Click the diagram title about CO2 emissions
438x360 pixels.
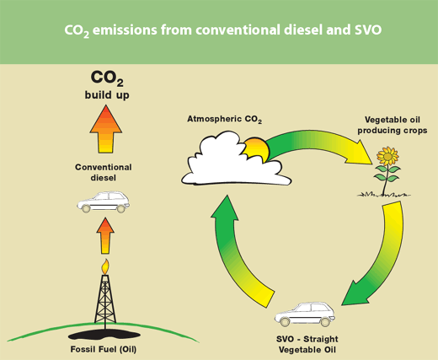(x=222, y=30)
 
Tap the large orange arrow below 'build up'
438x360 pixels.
(x=106, y=129)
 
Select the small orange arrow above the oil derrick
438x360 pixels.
(x=105, y=235)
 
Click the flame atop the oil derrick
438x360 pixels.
(x=105, y=266)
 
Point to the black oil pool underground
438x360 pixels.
(x=104, y=335)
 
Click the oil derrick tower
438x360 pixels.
(x=105, y=299)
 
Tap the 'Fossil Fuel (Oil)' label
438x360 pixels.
(x=104, y=349)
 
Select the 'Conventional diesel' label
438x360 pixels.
(x=104, y=172)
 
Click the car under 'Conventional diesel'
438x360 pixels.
(x=104, y=202)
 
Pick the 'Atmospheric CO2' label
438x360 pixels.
(x=224, y=119)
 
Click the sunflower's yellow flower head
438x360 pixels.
(x=387, y=156)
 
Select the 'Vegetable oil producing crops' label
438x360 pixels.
(x=393, y=125)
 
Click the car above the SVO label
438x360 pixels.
(x=305, y=314)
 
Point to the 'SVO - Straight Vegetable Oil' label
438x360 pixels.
(x=307, y=344)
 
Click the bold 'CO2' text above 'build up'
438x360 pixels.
(x=107, y=78)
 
